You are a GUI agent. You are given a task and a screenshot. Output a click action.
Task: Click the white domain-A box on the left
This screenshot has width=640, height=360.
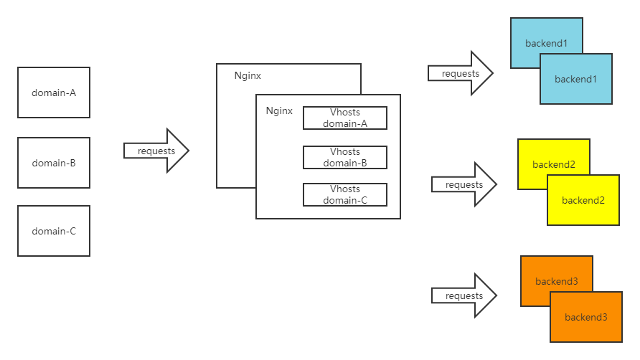point(54,93)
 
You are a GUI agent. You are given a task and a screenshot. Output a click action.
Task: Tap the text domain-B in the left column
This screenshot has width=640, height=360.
point(54,163)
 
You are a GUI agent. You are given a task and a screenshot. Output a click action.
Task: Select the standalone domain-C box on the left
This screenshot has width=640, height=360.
point(54,231)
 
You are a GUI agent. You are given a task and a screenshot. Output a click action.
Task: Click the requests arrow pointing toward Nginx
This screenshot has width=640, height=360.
point(156,151)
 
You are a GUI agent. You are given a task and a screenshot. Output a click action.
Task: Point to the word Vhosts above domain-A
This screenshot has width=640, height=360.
point(345,113)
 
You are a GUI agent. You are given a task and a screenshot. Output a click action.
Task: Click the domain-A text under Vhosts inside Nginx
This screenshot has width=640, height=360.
point(345,123)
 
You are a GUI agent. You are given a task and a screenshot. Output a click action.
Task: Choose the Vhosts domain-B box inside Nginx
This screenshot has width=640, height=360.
point(345,158)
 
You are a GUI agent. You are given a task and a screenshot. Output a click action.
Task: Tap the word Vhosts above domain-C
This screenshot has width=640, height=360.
point(345,189)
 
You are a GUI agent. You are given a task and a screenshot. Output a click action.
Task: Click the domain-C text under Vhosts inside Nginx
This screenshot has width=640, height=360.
point(345,200)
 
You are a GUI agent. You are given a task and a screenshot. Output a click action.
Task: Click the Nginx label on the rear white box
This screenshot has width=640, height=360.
point(248,75)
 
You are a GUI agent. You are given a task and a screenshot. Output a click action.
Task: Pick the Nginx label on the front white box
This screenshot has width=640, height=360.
point(279,111)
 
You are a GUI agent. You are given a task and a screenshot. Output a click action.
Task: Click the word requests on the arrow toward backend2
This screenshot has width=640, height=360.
point(464,185)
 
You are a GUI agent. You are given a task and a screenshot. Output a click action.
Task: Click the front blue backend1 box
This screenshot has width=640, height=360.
point(576,80)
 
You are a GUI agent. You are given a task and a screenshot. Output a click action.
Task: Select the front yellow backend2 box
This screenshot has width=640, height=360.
point(583,201)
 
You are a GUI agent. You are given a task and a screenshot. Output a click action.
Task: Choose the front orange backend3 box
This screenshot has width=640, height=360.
point(586,317)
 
